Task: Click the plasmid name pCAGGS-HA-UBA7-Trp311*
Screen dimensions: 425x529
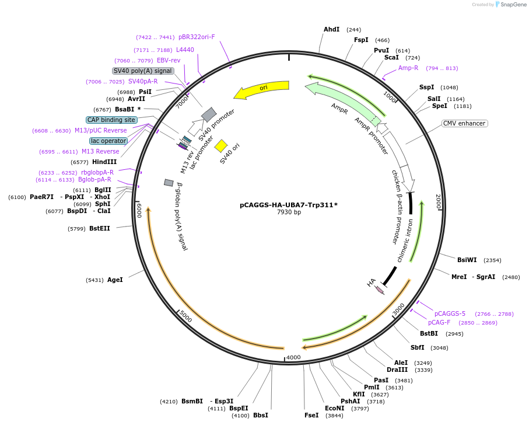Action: pyautogui.click(x=289, y=205)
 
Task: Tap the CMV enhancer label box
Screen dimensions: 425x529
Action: pyautogui.click(x=465, y=123)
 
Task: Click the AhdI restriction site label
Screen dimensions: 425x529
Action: pyautogui.click(x=331, y=29)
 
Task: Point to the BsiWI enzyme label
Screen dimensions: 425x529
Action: pyautogui.click(x=467, y=260)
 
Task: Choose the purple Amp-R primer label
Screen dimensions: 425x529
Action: pyautogui.click(x=408, y=68)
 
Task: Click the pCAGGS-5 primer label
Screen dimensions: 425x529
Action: pyautogui.click(x=450, y=313)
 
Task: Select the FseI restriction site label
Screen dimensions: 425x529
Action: pyautogui.click(x=311, y=415)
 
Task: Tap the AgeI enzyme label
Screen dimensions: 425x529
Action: pyautogui.click(x=115, y=280)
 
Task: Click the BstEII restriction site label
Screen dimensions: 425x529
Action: pyautogui.click(x=99, y=228)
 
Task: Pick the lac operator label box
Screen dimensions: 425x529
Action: pyautogui.click(x=108, y=141)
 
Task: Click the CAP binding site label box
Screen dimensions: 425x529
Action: pyautogui.click(x=111, y=120)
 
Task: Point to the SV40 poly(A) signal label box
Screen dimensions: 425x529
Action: pyautogui.click(x=143, y=71)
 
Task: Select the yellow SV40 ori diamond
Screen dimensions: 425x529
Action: pyautogui.click(x=221, y=145)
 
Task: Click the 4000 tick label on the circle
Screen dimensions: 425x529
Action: pyautogui.click(x=293, y=357)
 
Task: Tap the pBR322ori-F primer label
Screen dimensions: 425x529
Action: pyautogui.click(x=197, y=37)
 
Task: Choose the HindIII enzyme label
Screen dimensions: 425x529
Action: pyautogui.click(x=104, y=162)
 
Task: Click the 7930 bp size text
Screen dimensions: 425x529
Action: pyautogui.click(x=289, y=212)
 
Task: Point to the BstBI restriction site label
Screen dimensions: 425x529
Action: pyautogui.click(x=429, y=333)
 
